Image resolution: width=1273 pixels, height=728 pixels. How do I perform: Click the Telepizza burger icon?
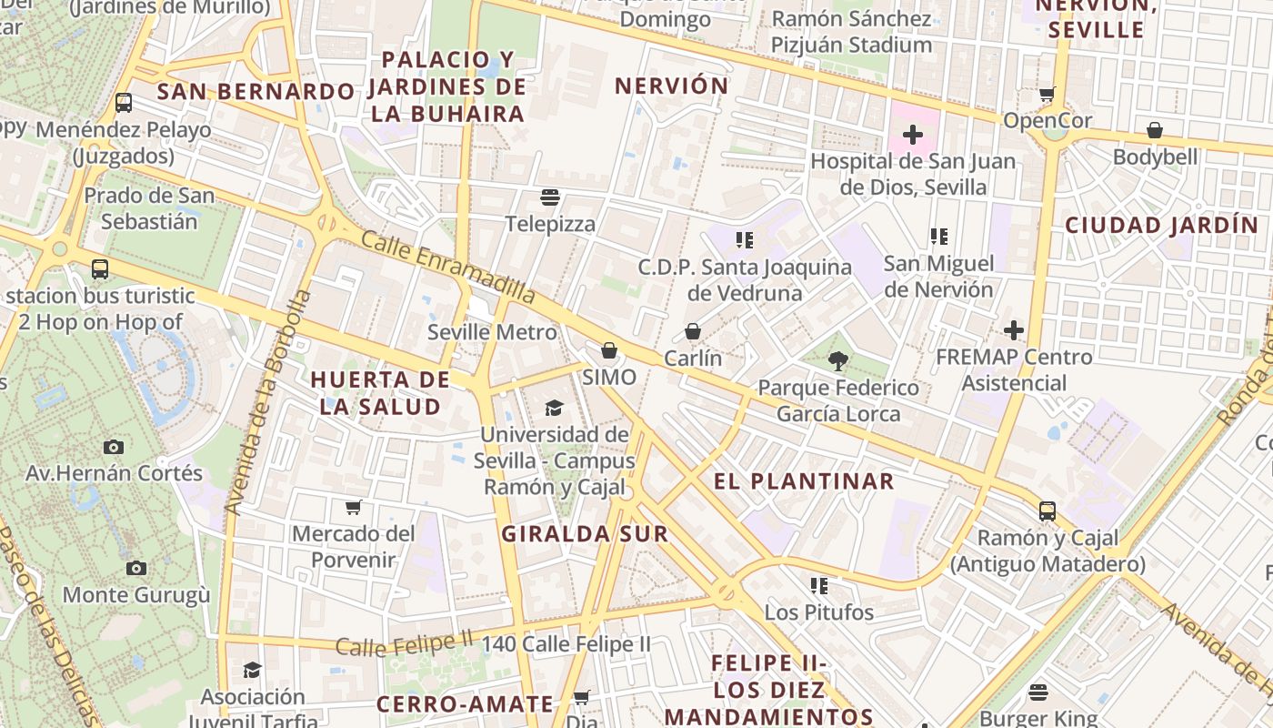pyautogui.click(x=549, y=197)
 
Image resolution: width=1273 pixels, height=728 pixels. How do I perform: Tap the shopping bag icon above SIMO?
pyautogui.click(x=609, y=350)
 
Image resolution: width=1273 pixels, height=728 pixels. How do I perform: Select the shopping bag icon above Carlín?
pyautogui.click(x=693, y=331)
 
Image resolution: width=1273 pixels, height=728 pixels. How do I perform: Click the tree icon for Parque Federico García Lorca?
pyautogui.click(x=838, y=361)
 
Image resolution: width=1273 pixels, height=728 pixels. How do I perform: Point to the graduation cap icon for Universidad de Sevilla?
pyautogui.click(x=554, y=408)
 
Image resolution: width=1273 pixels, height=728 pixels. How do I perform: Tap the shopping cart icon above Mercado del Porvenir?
pyautogui.click(x=353, y=507)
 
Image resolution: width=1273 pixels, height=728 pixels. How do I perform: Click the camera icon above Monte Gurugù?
pyautogui.click(x=136, y=569)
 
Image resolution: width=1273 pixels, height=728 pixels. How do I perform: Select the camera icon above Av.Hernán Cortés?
pyautogui.click(x=114, y=447)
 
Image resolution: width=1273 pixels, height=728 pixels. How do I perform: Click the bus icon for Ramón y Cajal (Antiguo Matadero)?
pyautogui.click(x=1047, y=511)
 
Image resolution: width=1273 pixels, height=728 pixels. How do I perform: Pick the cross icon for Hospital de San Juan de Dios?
pyautogui.click(x=912, y=136)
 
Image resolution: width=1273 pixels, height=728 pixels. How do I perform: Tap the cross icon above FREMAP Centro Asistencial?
pyautogui.click(x=1014, y=330)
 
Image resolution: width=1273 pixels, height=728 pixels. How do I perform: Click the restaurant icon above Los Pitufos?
pyautogui.click(x=819, y=586)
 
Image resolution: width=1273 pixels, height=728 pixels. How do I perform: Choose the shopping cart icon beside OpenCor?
pyautogui.click(x=1047, y=95)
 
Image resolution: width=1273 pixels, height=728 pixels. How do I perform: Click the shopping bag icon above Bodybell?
pyautogui.click(x=1155, y=131)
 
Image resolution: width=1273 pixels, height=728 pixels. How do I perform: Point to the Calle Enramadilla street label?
pyautogui.click(x=448, y=268)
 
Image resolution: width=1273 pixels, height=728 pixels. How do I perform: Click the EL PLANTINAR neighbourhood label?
pyautogui.click(x=804, y=481)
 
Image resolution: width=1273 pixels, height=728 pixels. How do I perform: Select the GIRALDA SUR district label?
pyautogui.click(x=585, y=534)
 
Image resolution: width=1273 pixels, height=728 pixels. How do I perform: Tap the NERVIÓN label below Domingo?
pyautogui.click(x=672, y=86)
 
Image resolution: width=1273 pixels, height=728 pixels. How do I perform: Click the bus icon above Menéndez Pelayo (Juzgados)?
pyautogui.click(x=124, y=103)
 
